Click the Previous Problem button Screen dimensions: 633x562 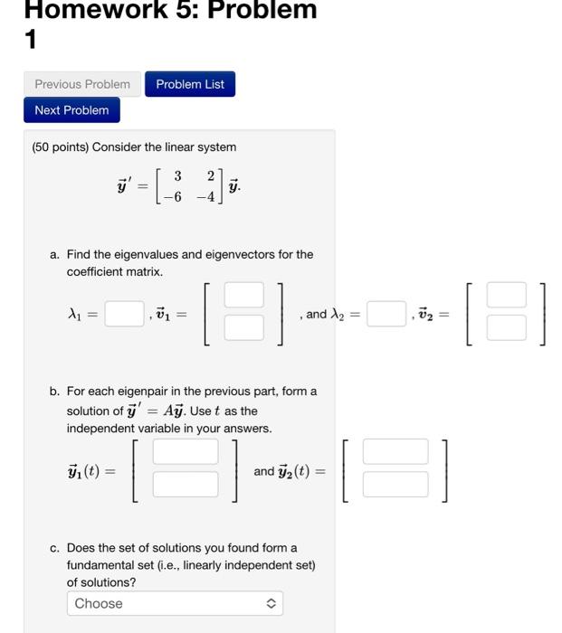click(x=82, y=84)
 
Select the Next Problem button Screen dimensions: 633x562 click(x=71, y=110)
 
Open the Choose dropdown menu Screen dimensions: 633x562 click(x=175, y=603)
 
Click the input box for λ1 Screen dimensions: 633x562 click(x=123, y=314)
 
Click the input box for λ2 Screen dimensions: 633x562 click(x=386, y=314)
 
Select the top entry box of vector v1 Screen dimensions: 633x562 click(x=244, y=296)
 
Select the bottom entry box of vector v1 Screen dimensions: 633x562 click(x=244, y=327)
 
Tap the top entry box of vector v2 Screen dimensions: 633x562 click(x=506, y=296)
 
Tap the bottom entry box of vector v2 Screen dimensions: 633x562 click(x=506, y=327)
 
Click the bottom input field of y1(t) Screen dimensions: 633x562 click(x=186, y=484)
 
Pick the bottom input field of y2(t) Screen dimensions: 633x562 click(x=395, y=484)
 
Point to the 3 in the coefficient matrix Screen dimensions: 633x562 click(x=178, y=175)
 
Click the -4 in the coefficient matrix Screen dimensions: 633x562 click(x=208, y=197)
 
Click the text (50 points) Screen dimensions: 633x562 click(x=60, y=146)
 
